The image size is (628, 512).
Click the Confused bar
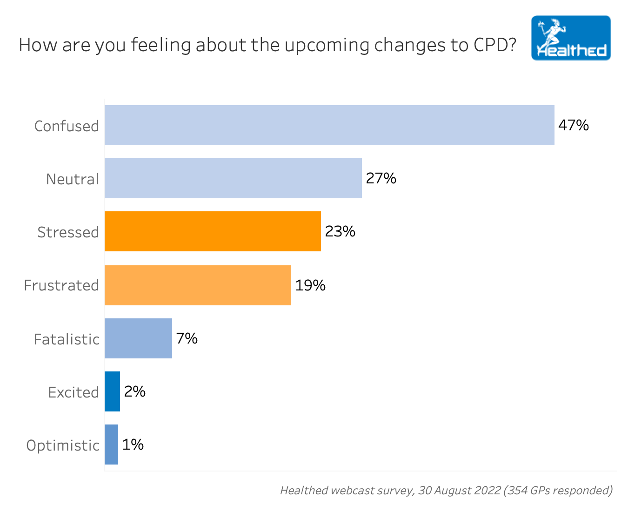[x=329, y=125]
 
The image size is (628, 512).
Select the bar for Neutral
[x=233, y=178]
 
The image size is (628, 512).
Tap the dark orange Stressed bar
[x=213, y=231]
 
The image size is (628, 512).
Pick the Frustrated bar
[x=198, y=285]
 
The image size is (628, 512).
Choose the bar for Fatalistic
[x=138, y=338]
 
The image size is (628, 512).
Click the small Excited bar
[x=112, y=391]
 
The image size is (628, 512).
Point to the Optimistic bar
[x=111, y=445]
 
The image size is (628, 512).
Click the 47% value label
[x=573, y=125]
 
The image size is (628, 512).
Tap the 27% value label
[x=381, y=178]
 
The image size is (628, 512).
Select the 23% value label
[x=340, y=231]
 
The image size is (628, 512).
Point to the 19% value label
[x=310, y=285]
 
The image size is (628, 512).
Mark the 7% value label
[x=187, y=338]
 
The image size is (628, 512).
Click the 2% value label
[x=135, y=391]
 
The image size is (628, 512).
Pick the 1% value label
[x=133, y=445]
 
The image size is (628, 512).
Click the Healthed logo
[x=571, y=38]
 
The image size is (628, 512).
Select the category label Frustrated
[x=61, y=285]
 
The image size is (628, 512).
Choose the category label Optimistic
[x=63, y=445]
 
